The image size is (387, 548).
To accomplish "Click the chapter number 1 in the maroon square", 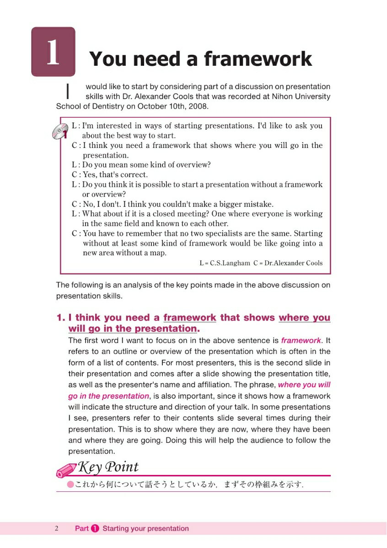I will point(53,53).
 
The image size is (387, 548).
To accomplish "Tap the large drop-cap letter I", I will point(68,91).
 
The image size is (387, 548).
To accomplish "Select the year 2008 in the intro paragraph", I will point(199,107).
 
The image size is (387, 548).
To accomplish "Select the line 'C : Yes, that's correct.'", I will point(110,174).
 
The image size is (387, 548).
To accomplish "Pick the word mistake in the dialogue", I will point(257,204).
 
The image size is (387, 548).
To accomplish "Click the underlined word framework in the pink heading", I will point(190,318).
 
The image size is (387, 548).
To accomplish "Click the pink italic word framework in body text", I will point(301,341).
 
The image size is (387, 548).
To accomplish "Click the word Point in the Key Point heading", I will point(122,467).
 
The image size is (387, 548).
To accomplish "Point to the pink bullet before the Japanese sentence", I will point(70,485).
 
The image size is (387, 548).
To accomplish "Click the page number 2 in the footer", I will point(57,529).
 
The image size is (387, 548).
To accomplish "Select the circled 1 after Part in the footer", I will point(95,529).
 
